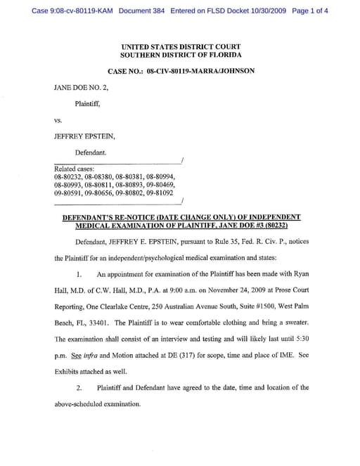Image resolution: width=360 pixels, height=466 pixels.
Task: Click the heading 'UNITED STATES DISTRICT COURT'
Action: tap(181, 46)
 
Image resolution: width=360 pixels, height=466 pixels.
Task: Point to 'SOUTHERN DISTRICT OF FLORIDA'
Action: tap(181, 55)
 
